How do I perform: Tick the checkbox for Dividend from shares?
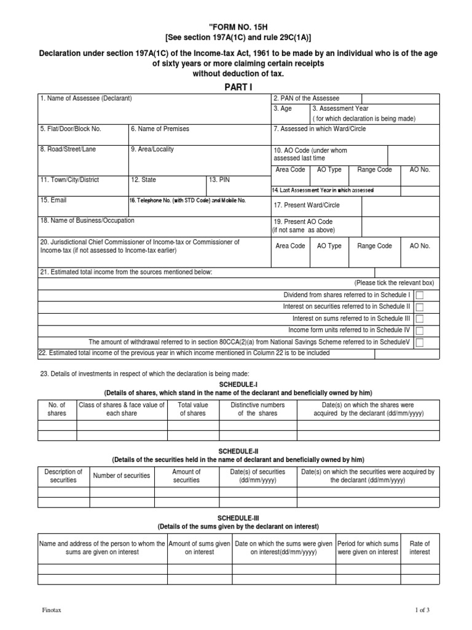pos(420,295)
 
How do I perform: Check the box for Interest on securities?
pos(420,307)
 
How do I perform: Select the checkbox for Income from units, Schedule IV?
pos(420,330)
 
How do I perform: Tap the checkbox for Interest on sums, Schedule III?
pos(420,319)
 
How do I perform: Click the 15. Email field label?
pos(54,200)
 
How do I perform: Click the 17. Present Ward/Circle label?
pos(307,205)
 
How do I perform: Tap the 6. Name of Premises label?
pos(160,129)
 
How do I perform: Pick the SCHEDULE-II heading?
pos(238,451)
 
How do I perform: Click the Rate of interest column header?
pos(420,548)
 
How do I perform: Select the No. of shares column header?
pos(57,409)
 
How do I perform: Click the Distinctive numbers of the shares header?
pos(258,409)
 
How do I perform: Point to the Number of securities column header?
pos(122,476)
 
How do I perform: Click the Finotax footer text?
pos(51,610)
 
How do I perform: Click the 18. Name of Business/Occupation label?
pos(87,220)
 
